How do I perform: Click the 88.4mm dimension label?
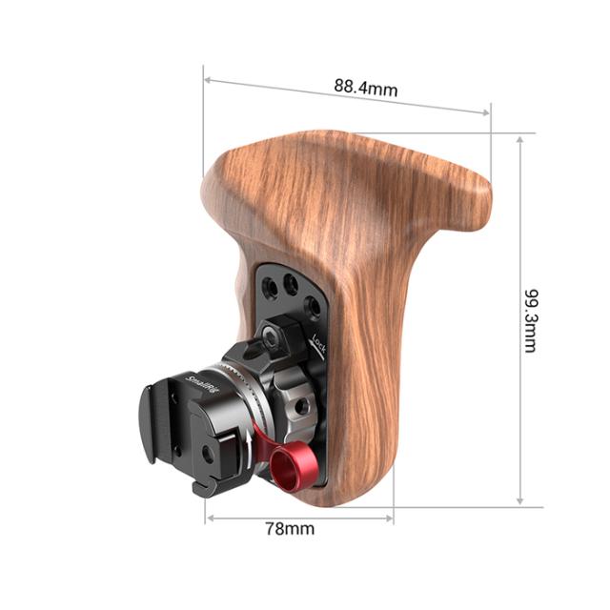[x=365, y=87]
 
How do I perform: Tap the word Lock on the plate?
[x=320, y=343]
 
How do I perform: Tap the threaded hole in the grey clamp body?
[x=302, y=406]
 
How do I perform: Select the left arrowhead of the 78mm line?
[x=211, y=518]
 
